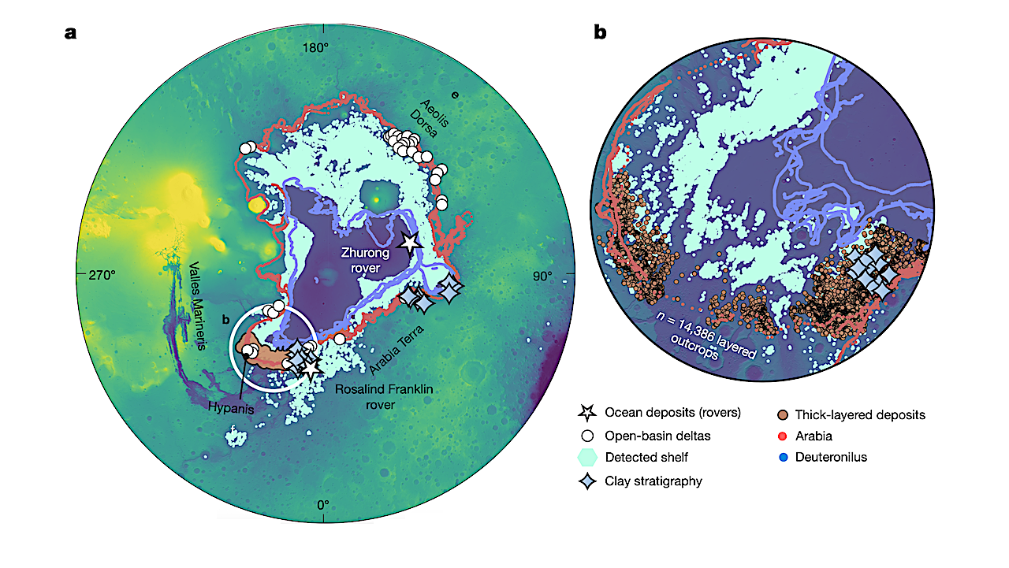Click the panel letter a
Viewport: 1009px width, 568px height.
point(71,34)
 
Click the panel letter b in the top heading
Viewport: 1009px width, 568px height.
point(600,34)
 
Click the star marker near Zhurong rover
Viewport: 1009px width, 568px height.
point(409,243)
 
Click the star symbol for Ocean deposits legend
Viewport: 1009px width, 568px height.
point(586,412)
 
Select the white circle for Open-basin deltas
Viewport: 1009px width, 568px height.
point(586,435)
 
